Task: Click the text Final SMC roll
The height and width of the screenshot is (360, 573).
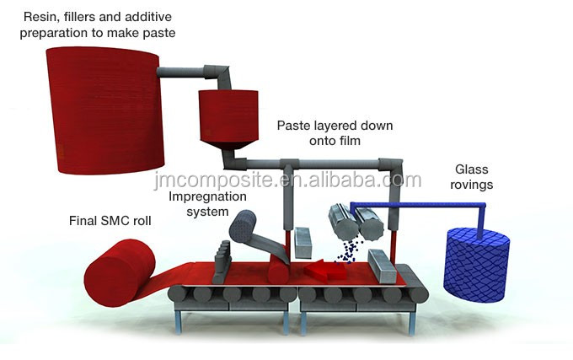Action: pyautogui.click(x=110, y=223)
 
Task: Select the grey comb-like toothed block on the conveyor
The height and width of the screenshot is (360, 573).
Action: pyautogui.click(x=223, y=257)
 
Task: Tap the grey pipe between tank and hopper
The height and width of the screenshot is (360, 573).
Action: pyautogui.click(x=194, y=69)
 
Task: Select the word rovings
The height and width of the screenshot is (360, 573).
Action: pyautogui.click(x=471, y=185)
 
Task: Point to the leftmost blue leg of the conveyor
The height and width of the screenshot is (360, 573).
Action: pyautogui.click(x=180, y=321)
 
